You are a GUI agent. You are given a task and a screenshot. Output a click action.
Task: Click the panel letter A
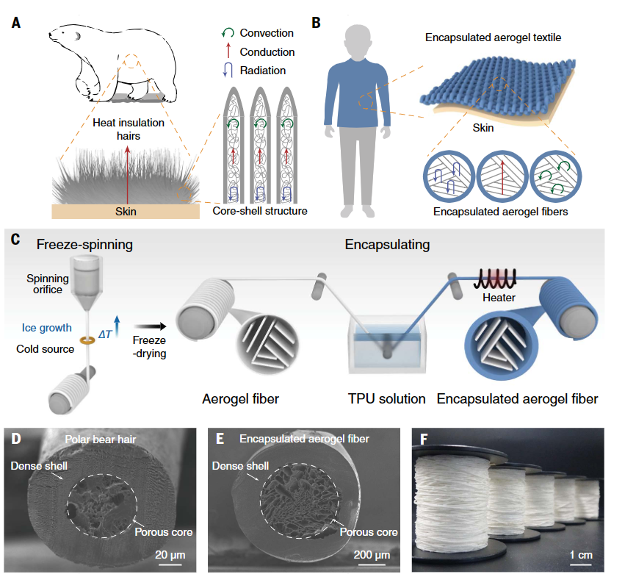(15, 23)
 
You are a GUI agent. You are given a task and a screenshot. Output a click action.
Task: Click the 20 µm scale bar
(170, 564)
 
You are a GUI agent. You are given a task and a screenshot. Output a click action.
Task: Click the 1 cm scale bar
(581, 564)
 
